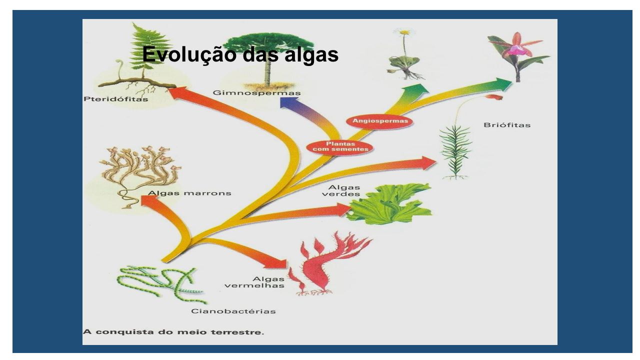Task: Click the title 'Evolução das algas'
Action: tap(240, 54)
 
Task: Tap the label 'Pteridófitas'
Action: tap(115, 99)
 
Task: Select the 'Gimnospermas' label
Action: tap(256, 93)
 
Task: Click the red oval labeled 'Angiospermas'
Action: tap(380, 121)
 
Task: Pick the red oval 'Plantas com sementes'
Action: tap(340, 146)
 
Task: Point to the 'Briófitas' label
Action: tap(507, 125)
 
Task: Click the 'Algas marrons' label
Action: tap(189, 193)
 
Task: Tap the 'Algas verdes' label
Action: tap(341, 190)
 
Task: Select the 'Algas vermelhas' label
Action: tap(254, 282)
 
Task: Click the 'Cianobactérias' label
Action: tap(233, 311)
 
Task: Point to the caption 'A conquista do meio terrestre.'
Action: tap(173, 332)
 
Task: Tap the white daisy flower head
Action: tap(404, 31)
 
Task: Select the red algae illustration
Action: tap(328, 263)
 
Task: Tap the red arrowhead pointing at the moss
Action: tap(429, 163)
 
